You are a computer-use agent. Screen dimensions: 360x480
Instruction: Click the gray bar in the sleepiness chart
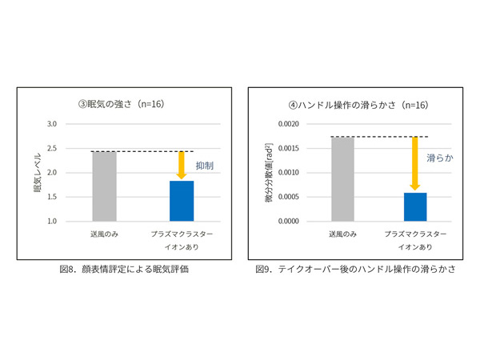click(x=105, y=186)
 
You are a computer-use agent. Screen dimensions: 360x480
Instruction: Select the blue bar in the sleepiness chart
click(x=182, y=201)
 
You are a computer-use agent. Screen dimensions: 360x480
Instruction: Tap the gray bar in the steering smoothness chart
click(x=343, y=178)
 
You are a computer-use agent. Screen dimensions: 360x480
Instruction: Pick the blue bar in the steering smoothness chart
click(x=414, y=206)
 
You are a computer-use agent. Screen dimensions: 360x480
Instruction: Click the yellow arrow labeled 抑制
click(x=182, y=165)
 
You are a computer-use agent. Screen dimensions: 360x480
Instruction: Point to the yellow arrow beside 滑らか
click(x=414, y=163)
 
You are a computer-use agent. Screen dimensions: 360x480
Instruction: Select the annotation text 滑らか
click(x=440, y=158)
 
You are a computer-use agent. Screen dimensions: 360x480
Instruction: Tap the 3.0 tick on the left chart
click(x=51, y=124)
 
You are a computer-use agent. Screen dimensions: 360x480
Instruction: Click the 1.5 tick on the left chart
click(x=51, y=197)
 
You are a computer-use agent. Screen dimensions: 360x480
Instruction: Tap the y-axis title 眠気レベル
click(x=37, y=173)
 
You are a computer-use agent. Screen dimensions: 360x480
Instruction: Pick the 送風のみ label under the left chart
click(x=105, y=234)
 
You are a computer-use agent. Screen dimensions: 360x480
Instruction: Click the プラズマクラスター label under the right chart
click(x=414, y=234)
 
